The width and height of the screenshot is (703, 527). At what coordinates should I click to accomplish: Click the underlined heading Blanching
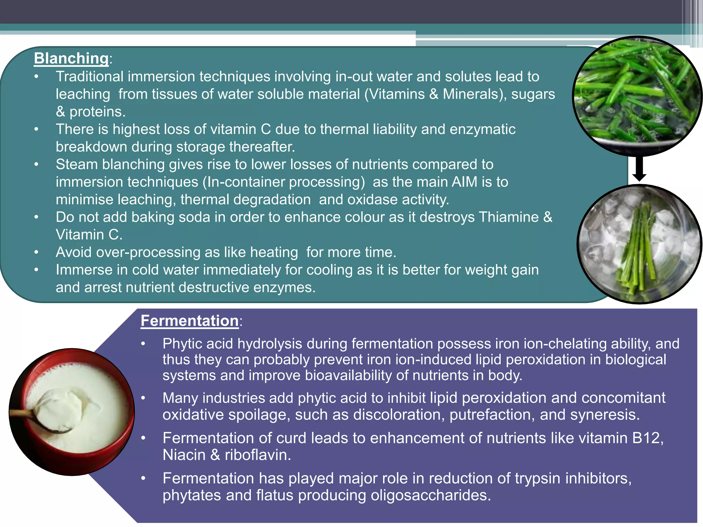(71, 58)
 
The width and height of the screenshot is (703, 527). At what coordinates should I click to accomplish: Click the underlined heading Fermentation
(189, 321)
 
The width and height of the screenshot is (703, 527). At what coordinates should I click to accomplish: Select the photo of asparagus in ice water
(639, 244)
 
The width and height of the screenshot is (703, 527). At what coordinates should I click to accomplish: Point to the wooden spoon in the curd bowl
(38, 417)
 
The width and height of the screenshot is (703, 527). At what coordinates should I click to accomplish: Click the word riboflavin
(258, 455)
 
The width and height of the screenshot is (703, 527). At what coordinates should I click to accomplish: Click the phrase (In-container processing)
(284, 182)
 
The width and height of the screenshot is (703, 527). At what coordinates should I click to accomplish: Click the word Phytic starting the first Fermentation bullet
(183, 344)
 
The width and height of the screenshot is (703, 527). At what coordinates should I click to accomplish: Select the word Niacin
(184, 455)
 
